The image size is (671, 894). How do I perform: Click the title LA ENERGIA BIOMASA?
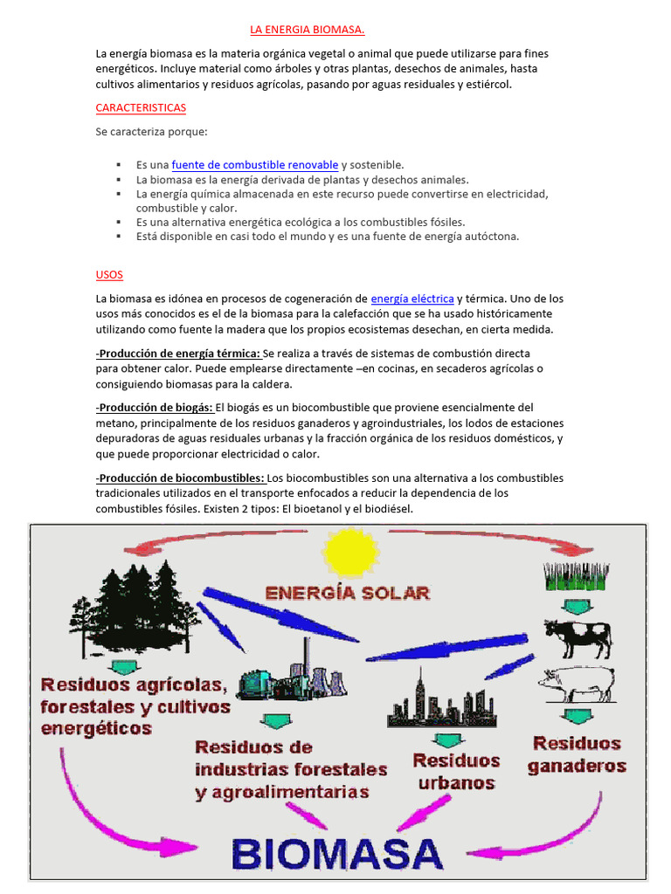307,30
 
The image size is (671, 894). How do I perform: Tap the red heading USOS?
110,275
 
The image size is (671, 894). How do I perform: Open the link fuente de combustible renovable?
255,164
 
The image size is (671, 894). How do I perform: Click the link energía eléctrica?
412,299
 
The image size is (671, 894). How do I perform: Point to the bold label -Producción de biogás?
154,408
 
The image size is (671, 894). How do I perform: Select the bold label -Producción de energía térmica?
178,353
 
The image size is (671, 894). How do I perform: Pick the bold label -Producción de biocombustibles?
180,478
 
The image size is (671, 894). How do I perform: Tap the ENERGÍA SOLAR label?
347,592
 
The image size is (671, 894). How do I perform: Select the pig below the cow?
571,684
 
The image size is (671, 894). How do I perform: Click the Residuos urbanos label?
456,771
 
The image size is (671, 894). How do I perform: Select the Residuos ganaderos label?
577,754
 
